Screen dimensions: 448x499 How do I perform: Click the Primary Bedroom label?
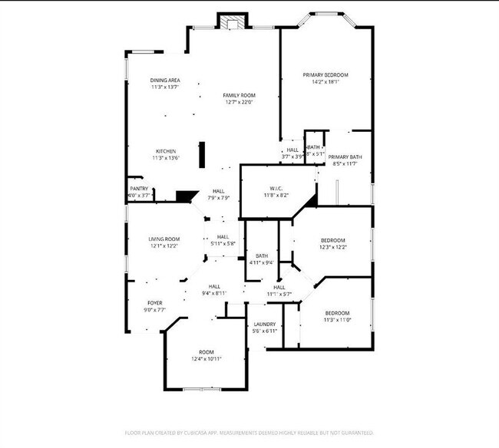pos(326,74)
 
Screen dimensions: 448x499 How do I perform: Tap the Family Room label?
pos(239,95)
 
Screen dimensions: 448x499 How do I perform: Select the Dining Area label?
pos(165,80)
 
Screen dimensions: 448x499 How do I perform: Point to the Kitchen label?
pos(167,151)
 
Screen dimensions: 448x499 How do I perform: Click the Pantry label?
pos(139,189)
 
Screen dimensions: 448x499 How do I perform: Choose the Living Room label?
pos(164,239)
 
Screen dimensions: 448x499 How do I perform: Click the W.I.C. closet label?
pos(278,189)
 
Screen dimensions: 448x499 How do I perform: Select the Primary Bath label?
pos(345,156)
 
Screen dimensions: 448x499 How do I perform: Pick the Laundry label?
pos(264,324)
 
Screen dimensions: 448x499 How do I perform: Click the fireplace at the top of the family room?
pos(232,22)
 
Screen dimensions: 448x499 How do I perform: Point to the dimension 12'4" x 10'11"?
pos(207,359)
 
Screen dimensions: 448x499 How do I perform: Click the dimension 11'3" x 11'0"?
pos(337,320)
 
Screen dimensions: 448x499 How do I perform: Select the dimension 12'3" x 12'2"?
pos(332,247)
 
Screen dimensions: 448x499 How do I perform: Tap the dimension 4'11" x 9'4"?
pos(262,262)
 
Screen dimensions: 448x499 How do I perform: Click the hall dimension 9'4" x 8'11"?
pos(214,292)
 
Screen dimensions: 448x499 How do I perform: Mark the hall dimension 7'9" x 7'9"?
pos(219,198)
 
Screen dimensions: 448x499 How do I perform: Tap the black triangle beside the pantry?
pos(183,196)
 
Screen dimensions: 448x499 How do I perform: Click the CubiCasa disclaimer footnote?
pos(249,433)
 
